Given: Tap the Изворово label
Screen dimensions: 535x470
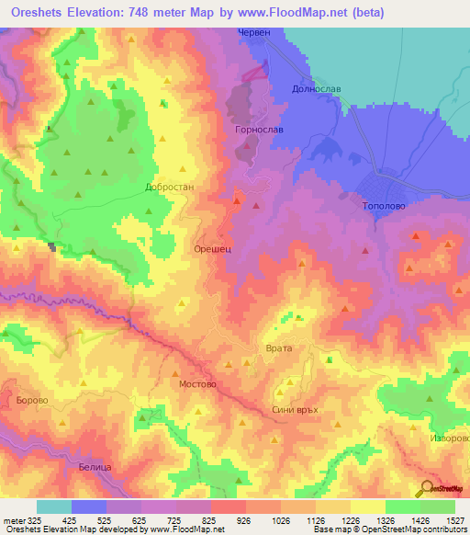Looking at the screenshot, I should (x=449, y=438).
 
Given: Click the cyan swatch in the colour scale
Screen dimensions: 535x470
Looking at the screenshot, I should (x=54, y=507).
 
